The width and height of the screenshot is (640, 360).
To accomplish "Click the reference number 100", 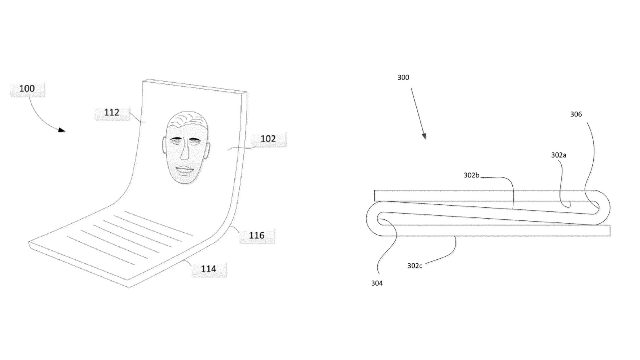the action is point(27,89).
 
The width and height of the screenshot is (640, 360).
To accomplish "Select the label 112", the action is point(112,112).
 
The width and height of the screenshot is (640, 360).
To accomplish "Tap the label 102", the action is point(268,139).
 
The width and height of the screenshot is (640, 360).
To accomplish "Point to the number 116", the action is point(257,235).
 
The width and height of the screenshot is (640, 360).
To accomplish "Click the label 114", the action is point(209,269).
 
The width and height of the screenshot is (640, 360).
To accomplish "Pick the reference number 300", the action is point(403,77).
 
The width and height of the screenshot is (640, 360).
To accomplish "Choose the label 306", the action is point(576,114).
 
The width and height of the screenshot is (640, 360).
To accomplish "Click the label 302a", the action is point(559,155).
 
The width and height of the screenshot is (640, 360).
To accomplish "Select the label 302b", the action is point(471,175).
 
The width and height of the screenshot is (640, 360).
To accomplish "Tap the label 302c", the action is point(415,266).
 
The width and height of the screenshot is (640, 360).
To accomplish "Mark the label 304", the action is point(377,283).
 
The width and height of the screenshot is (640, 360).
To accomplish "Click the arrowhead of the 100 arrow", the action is point(62,130).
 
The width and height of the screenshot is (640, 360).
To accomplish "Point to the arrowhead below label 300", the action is point(424,136).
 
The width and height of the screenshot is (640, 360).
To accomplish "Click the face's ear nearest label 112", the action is point(164,145).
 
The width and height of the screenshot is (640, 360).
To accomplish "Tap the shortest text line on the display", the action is point(101,251).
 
